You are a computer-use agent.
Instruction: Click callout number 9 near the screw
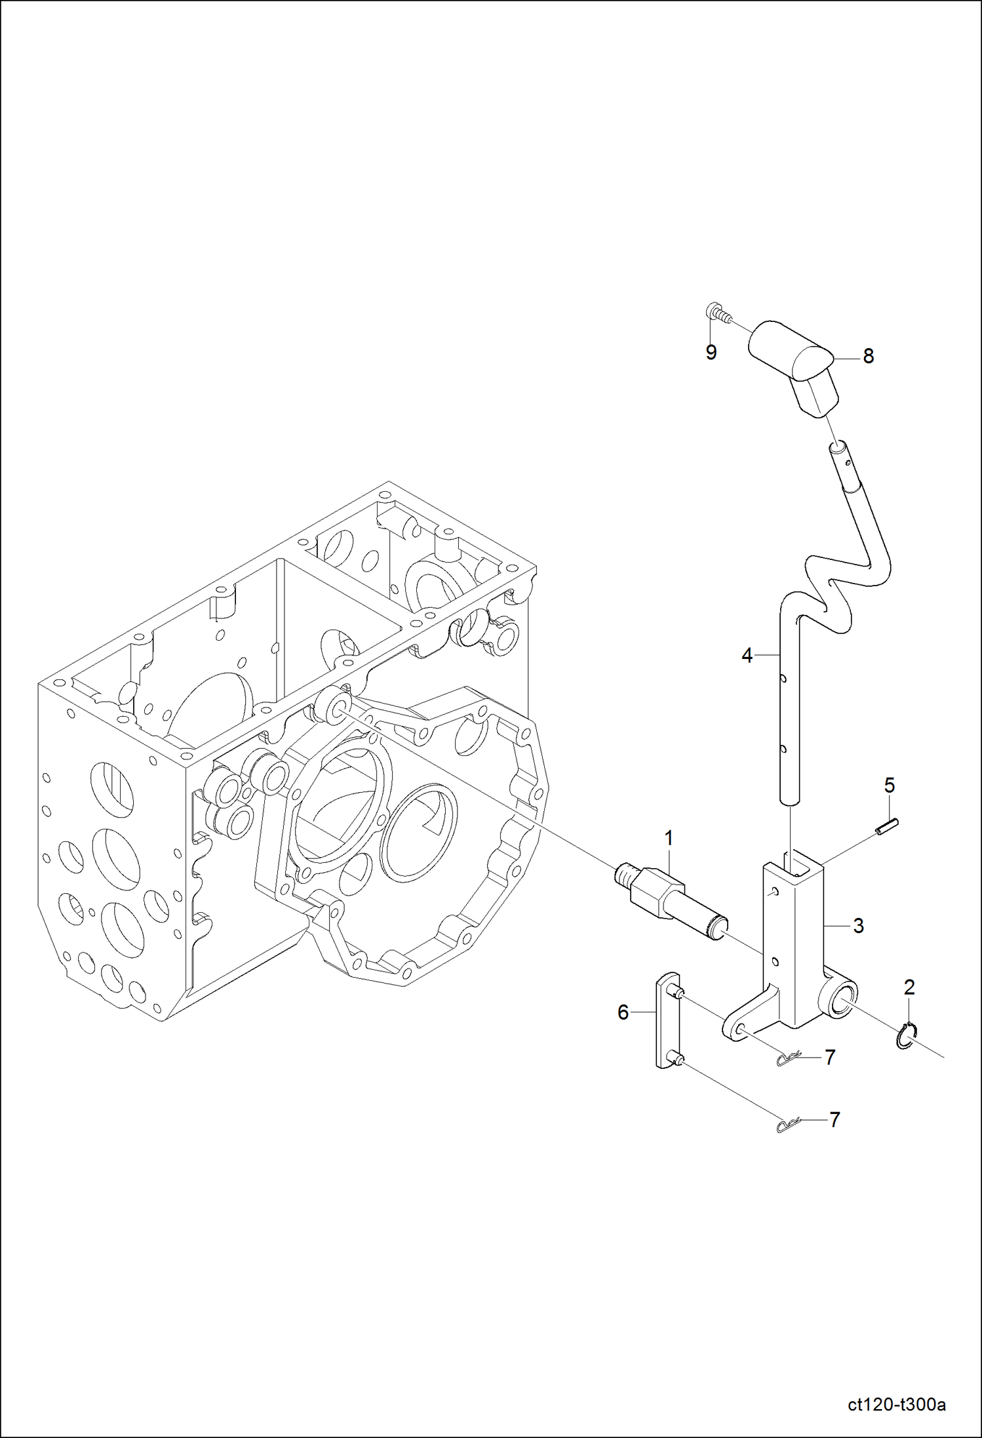pos(711,352)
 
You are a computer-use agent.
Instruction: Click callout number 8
pos(868,356)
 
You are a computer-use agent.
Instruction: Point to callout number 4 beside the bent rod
pos(747,655)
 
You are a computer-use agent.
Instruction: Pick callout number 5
pos(890,785)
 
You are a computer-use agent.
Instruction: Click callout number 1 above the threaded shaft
pos(669,838)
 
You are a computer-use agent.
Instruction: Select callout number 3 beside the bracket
pos(858,926)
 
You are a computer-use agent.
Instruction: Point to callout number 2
pos(909,987)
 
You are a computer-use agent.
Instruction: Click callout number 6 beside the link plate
pos(623,1012)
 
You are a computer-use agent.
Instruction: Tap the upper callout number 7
pos(830,1057)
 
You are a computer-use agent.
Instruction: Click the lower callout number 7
pos(835,1119)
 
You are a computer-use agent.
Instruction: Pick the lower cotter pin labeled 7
pos(787,1125)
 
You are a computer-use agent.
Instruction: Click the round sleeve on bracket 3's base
pos(841,1000)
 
